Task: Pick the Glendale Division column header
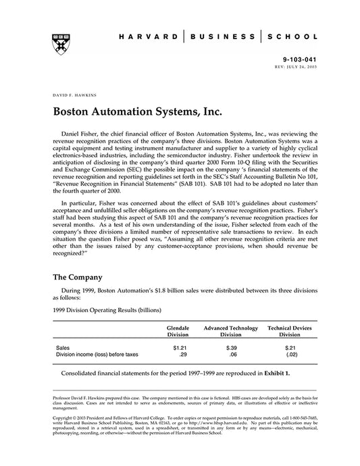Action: pos(178,331)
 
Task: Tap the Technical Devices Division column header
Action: pos(290,331)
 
